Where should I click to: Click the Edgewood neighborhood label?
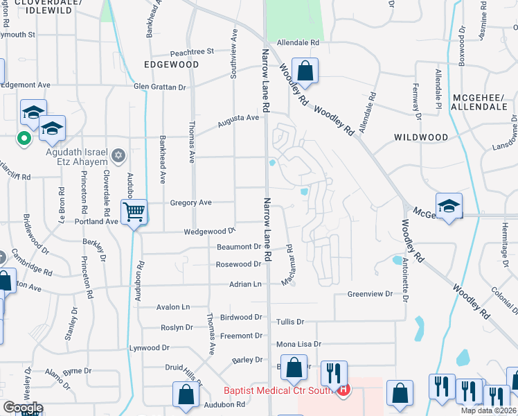(171, 64)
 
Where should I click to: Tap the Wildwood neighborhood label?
(421, 137)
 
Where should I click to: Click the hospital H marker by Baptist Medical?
(343, 390)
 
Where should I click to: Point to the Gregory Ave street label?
(190, 203)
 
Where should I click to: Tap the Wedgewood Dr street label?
(209, 231)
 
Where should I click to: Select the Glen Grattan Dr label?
(160, 87)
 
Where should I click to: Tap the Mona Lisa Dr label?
(299, 344)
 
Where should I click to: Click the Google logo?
(22, 408)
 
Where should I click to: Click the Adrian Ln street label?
(246, 284)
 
